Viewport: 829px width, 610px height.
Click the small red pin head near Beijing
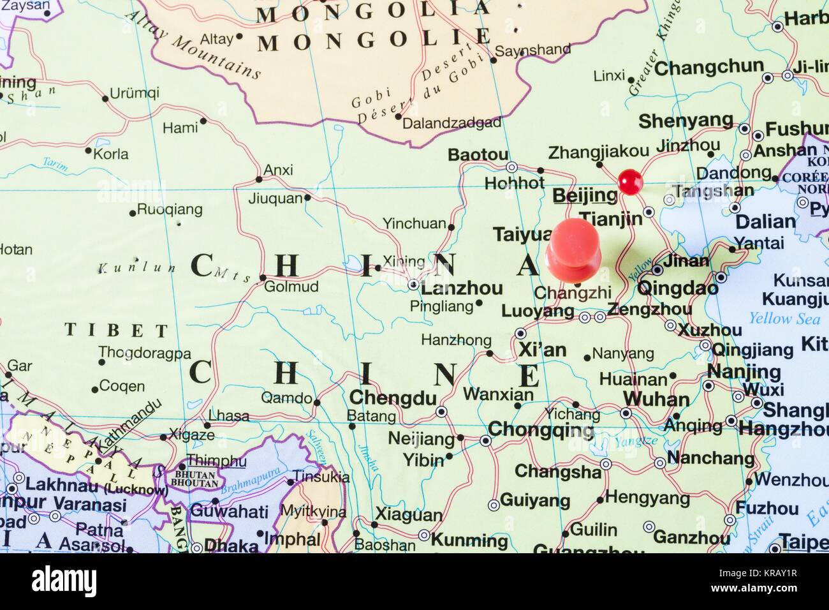coord(630,180)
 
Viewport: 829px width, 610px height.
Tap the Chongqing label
coord(541,429)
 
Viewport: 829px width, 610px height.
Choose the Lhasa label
coord(229,415)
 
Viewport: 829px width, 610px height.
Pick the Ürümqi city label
coord(134,93)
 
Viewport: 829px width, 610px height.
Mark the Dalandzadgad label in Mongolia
coord(451,123)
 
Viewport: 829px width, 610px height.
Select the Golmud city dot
coord(263,278)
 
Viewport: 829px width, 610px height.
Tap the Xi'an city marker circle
coord(520,333)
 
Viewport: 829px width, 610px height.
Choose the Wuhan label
coord(656,399)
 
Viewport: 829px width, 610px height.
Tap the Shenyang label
coord(686,121)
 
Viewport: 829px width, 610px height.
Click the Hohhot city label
coord(515,182)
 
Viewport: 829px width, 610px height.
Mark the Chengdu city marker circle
coord(441,412)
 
